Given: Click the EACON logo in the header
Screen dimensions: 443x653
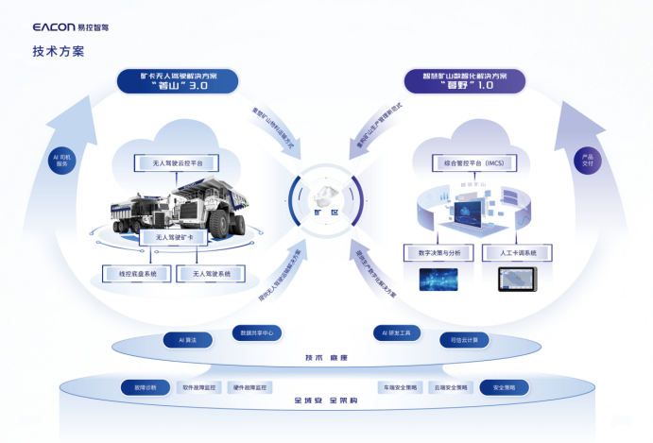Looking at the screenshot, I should pos(69,28).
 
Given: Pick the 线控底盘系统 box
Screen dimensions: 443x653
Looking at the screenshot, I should pos(137,274).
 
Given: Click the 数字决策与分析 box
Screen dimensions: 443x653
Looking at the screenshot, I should pos(438,253).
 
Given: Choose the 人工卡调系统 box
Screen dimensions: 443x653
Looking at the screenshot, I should pos(516,253).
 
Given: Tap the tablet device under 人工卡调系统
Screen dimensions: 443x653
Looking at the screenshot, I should pos(517,280).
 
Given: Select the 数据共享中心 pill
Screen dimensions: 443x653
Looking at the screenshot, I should pos(257,332).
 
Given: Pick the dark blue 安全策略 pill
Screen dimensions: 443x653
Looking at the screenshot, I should pos(505,387).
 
